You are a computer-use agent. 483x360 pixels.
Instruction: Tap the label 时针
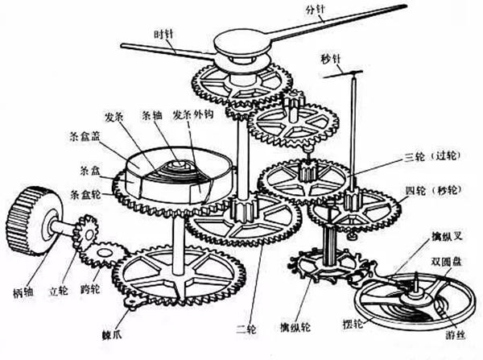[164, 34]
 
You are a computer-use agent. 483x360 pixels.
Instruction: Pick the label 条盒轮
[87, 194]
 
